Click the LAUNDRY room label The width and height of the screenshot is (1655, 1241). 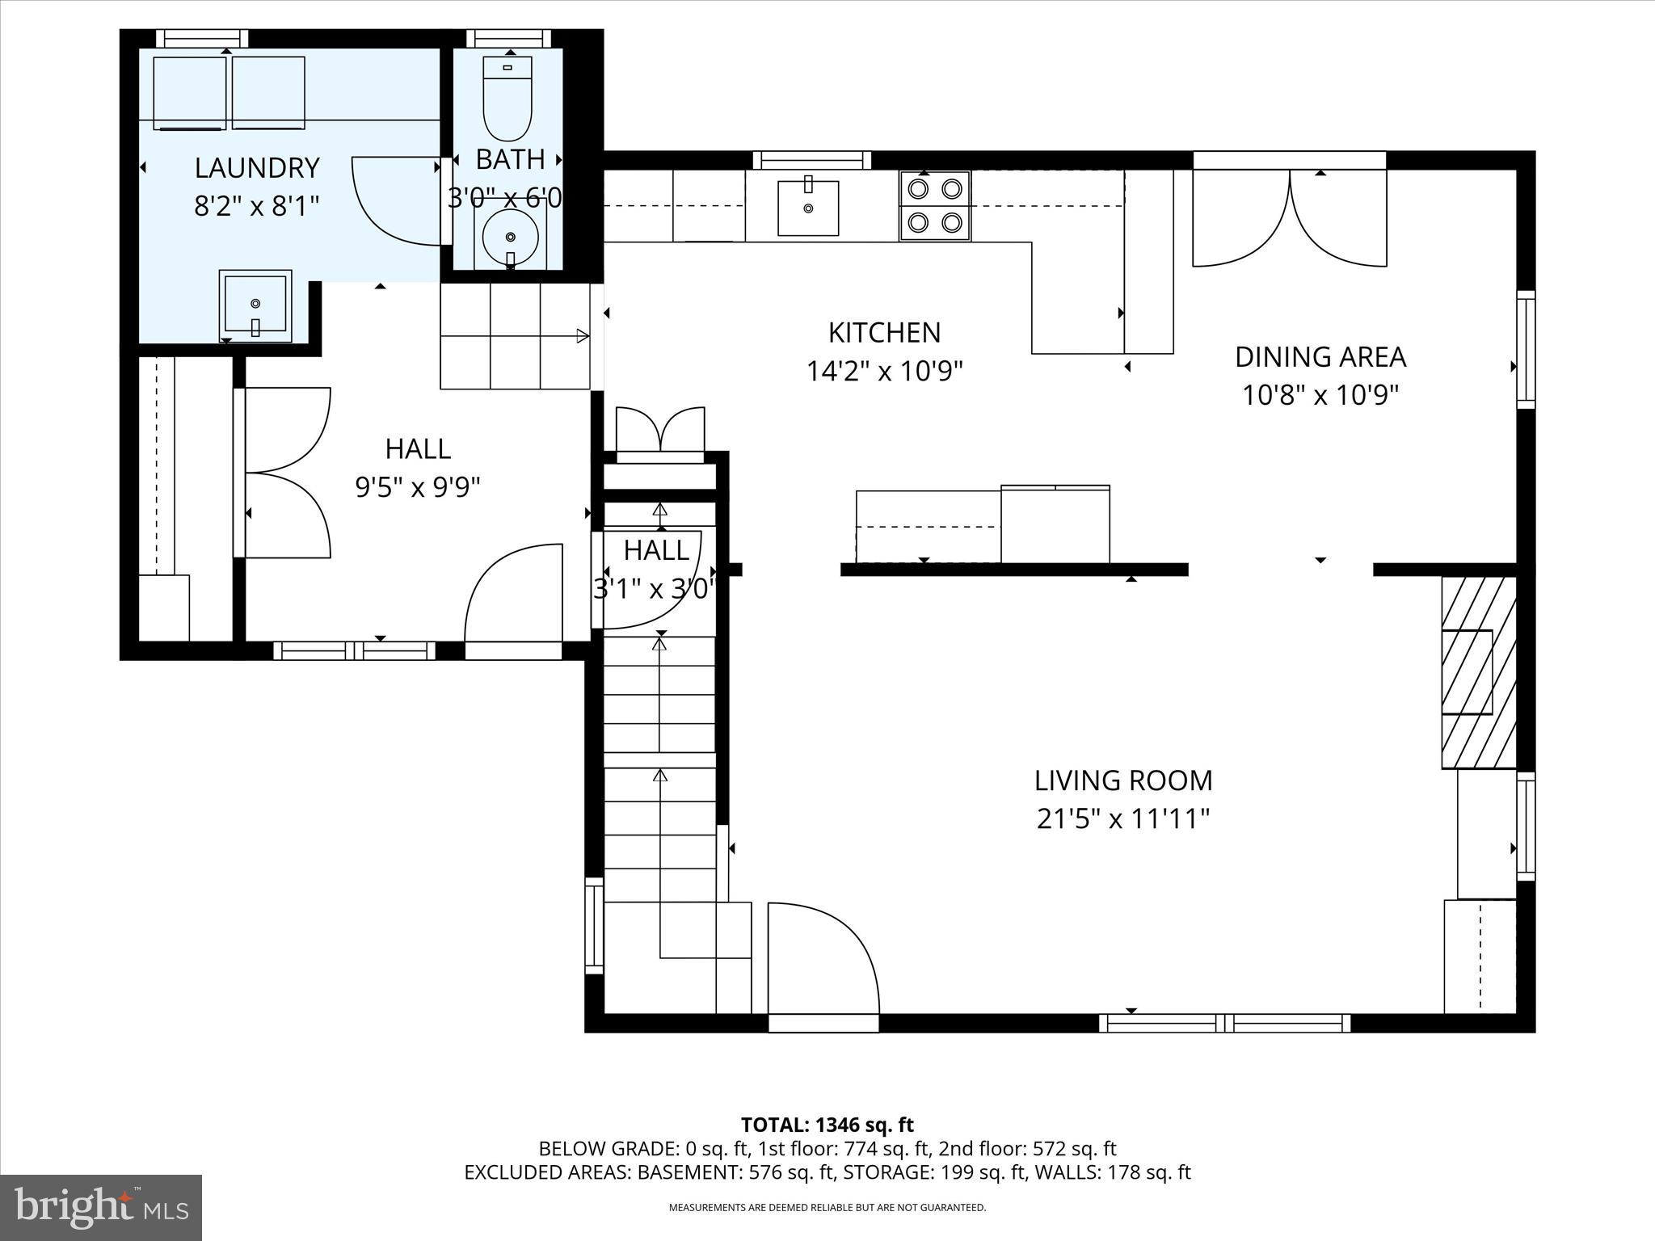tap(257, 168)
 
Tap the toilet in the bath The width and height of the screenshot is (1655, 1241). tap(507, 97)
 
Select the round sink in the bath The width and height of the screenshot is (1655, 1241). tap(510, 237)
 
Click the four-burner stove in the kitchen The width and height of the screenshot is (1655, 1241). tap(935, 205)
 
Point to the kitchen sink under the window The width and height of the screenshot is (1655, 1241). tap(808, 208)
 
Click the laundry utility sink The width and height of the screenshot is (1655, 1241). tap(255, 306)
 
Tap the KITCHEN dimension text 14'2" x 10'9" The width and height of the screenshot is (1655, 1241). tap(885, 372)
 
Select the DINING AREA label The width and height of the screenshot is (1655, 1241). tap(1320, 356)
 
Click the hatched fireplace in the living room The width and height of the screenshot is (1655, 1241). tap(1479, 672)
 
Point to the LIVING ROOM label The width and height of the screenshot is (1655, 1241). tap(1123, 780)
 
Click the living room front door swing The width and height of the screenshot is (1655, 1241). tap(820, 961)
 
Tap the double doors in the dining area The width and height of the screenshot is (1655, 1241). tap(1290, 218)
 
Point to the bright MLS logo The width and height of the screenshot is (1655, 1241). tap(101, 1207)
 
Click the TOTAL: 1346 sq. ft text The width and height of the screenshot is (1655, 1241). tap(827, 1125)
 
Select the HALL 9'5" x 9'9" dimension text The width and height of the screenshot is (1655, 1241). tap(418, 487)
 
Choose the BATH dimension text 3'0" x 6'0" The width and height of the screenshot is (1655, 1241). tap(506, 197)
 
